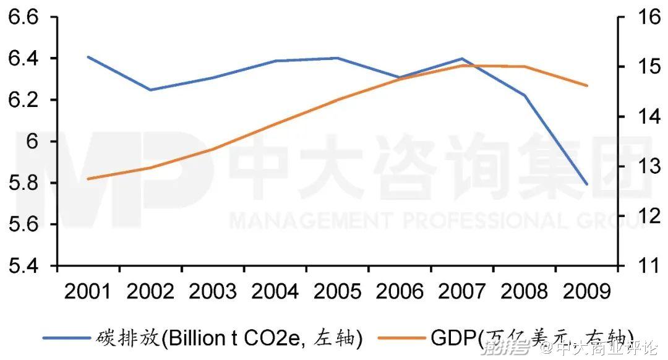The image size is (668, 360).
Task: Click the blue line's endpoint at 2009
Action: [586, 184]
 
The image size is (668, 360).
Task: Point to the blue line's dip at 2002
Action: [151, 90]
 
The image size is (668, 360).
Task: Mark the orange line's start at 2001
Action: [88, 179]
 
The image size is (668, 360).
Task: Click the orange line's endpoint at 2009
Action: [586, 85]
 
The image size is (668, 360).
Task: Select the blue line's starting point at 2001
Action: [88, 57]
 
